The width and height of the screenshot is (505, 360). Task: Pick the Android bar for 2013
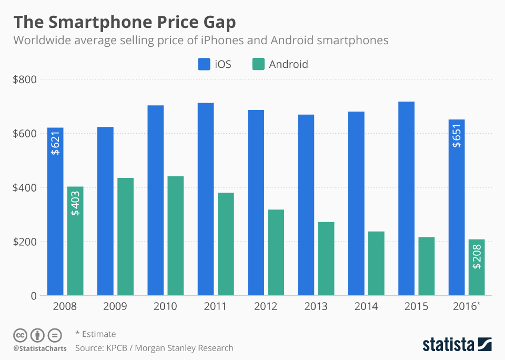(326, 258)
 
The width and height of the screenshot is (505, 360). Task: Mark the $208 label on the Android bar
(477, 257)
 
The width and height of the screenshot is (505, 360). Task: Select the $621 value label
(55, 143)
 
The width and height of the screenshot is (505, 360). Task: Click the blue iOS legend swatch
(204, 64)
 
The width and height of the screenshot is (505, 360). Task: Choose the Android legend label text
(288, 64)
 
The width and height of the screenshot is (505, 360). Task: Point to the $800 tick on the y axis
(25, 79)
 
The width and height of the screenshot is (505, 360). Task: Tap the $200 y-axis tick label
(25, 242)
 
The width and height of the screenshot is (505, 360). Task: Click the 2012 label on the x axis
(266, 306)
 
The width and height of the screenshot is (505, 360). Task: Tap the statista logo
(457, 344)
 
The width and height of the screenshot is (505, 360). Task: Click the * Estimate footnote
(95, 334)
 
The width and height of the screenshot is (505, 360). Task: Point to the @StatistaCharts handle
(40, 348)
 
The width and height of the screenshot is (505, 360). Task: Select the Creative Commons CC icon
(21, 335)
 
